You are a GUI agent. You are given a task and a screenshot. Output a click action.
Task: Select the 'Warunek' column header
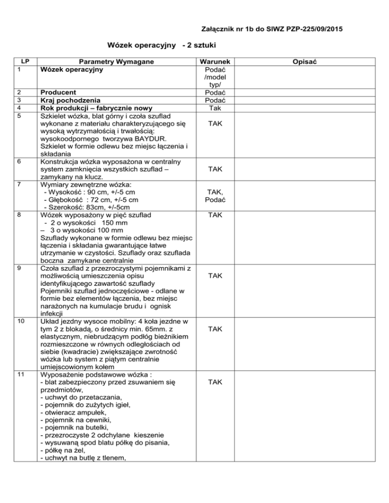(216, 61)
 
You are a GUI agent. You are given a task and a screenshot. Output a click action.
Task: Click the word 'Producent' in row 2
(58, 93)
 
